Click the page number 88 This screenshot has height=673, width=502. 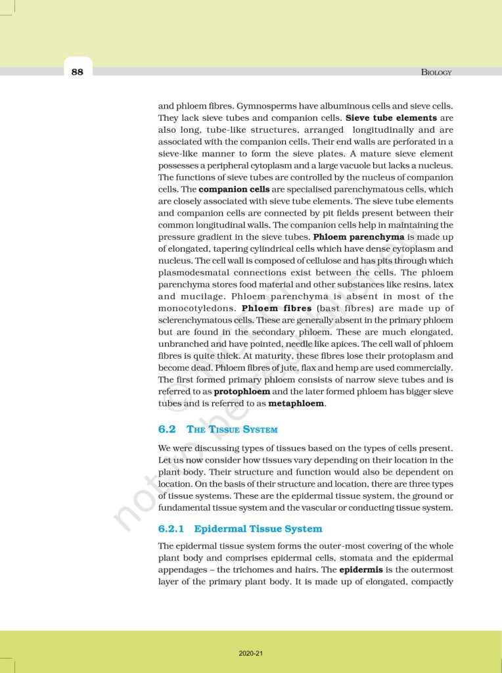[78, 72]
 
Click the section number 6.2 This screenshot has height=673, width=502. [168, 429]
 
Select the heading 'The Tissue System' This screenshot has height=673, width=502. [233, 429]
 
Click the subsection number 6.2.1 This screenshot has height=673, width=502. [173, 528]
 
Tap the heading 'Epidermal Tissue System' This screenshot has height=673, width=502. [258, 528]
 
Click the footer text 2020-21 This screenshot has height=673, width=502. [251, 653]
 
